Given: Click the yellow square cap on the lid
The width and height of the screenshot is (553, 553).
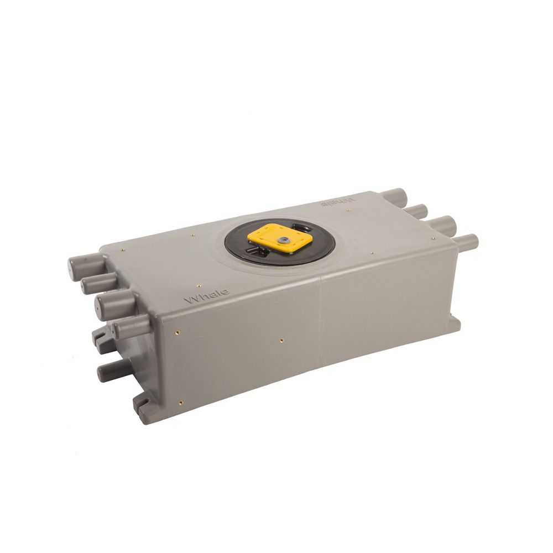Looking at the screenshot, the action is click(x=280, y=238).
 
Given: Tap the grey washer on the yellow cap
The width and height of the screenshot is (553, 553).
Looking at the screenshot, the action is click(x=282, y=240).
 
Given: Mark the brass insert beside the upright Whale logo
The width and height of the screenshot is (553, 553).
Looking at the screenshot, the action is click(x=198, y=286).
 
